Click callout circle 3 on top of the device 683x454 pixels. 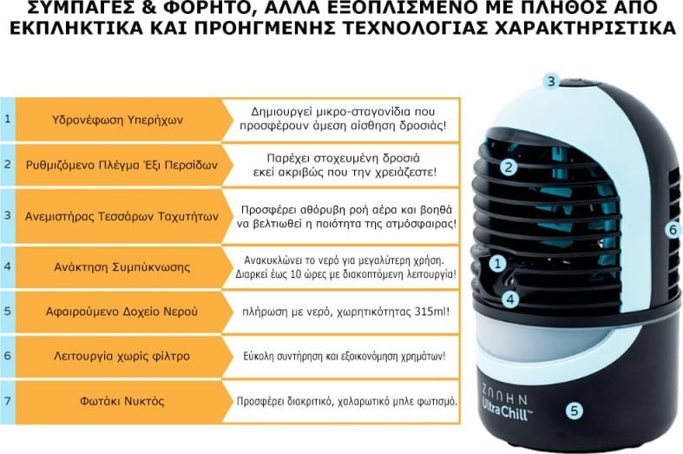pos(550,82)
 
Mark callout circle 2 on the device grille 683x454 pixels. pos(509,165)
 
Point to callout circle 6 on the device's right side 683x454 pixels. pos(671,230)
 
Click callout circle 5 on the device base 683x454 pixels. pos(574,411)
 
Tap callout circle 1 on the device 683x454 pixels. pos(497,260)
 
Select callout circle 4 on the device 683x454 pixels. pos(511,299)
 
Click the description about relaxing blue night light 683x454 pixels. pos(346,403)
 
